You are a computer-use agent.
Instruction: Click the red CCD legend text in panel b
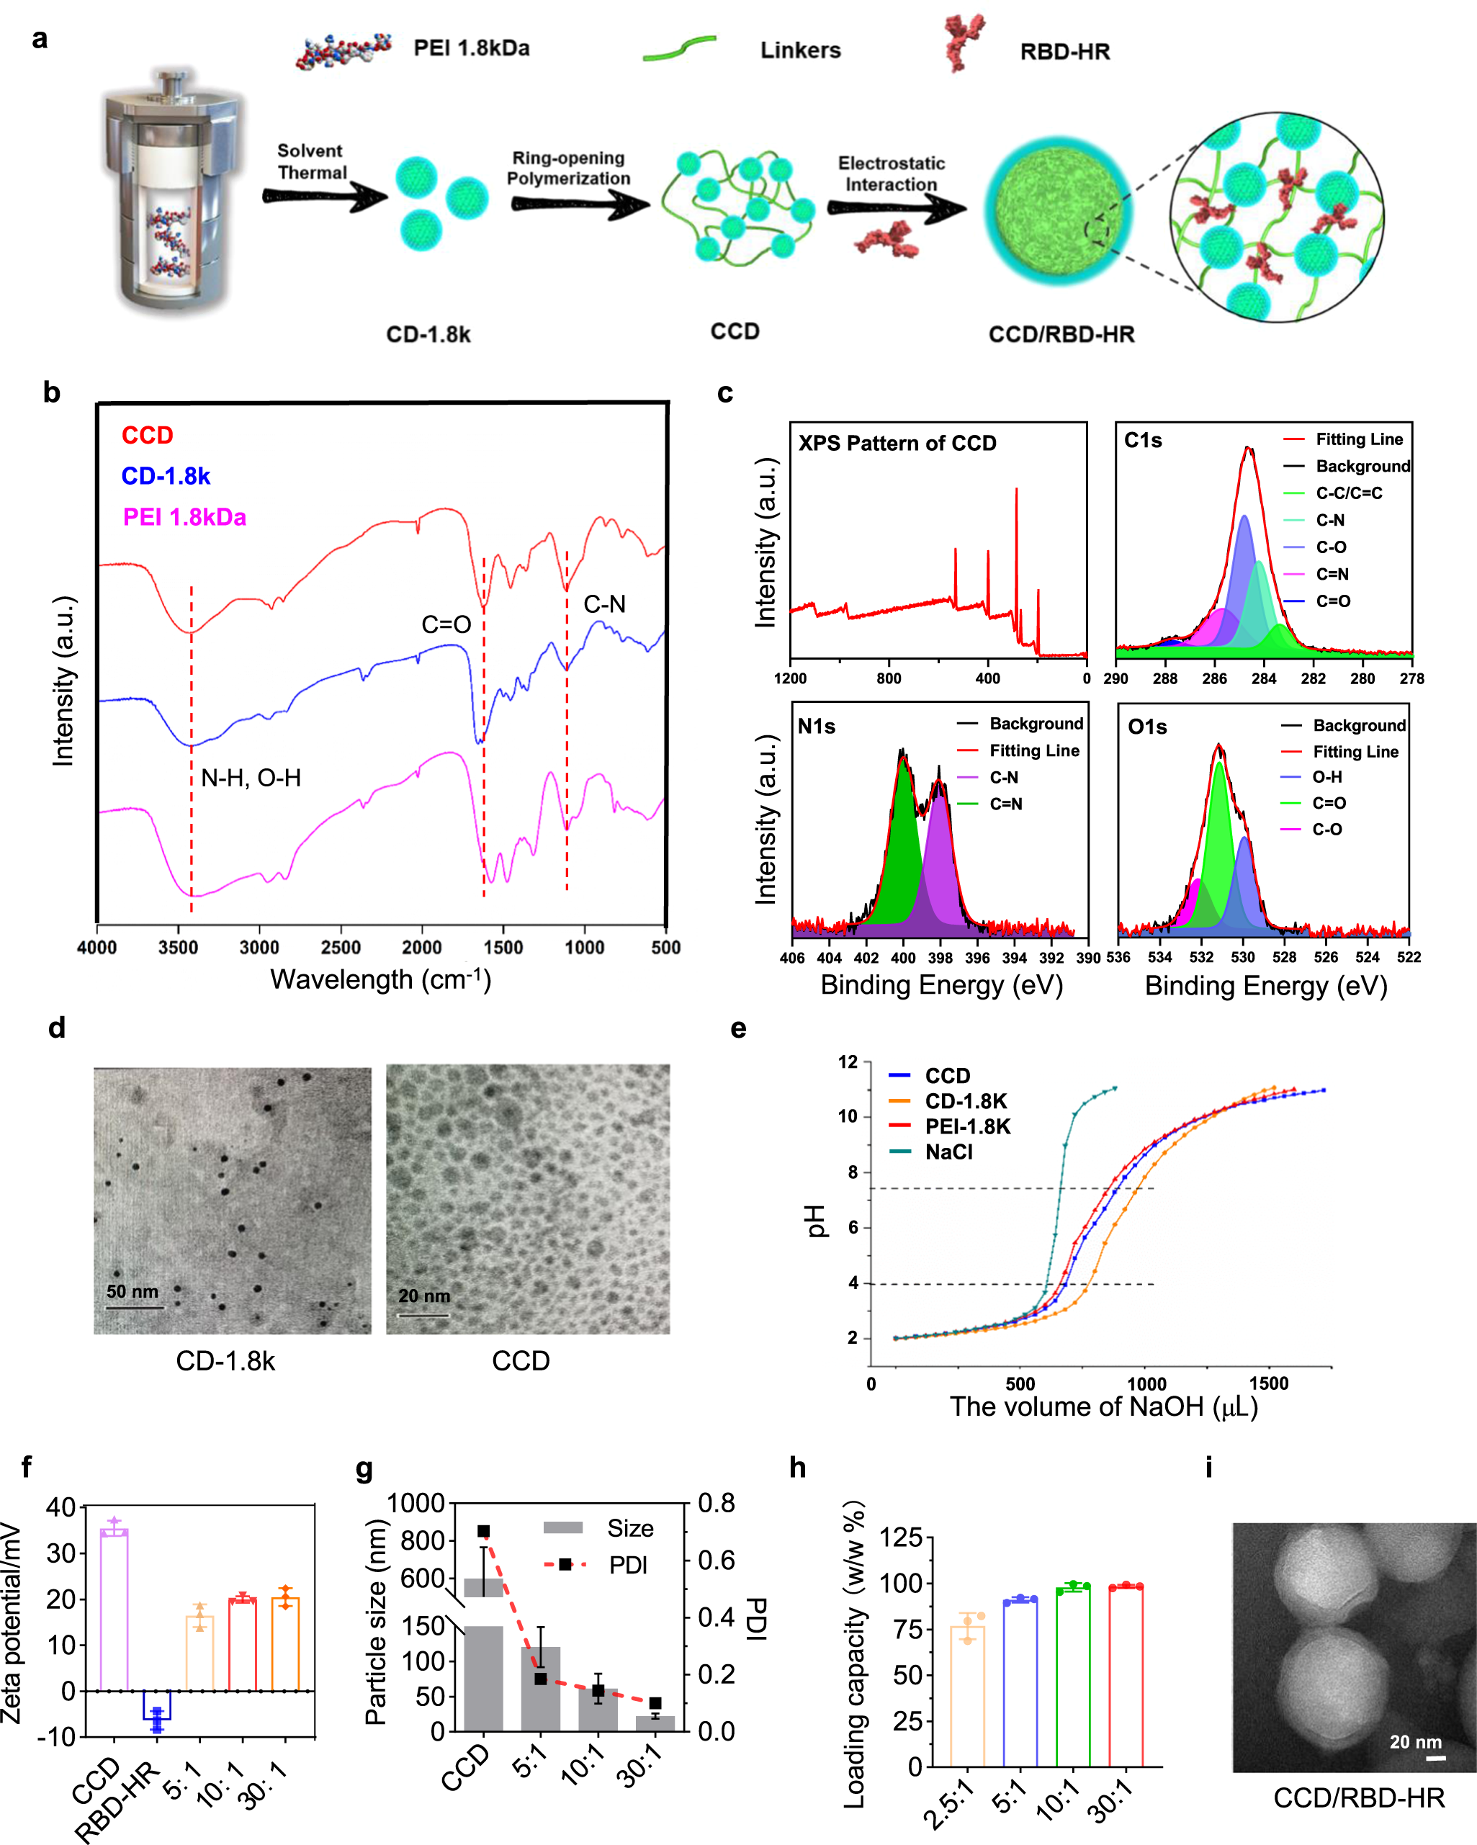click(147, 436)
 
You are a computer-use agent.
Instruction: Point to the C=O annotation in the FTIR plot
click(446, 624)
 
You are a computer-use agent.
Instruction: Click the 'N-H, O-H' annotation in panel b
click(251, 778)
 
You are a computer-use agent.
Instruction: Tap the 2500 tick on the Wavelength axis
click(341, 947)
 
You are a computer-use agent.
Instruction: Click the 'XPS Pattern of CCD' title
click(897, 444)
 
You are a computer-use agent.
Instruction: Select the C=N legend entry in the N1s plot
click(1005, 804)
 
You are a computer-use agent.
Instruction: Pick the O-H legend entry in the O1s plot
click(1327, 777)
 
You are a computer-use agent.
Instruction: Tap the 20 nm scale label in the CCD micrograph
click(423, 1296)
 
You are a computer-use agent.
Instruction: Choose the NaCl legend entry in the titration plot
click(948, 1152)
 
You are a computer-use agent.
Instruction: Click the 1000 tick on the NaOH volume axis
click(1145, 1384)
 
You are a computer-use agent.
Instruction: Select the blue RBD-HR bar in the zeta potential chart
click(156, 1705)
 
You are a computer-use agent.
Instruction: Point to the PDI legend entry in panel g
click(627, 1565)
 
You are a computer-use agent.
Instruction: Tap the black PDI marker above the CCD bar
click(483, 1531)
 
